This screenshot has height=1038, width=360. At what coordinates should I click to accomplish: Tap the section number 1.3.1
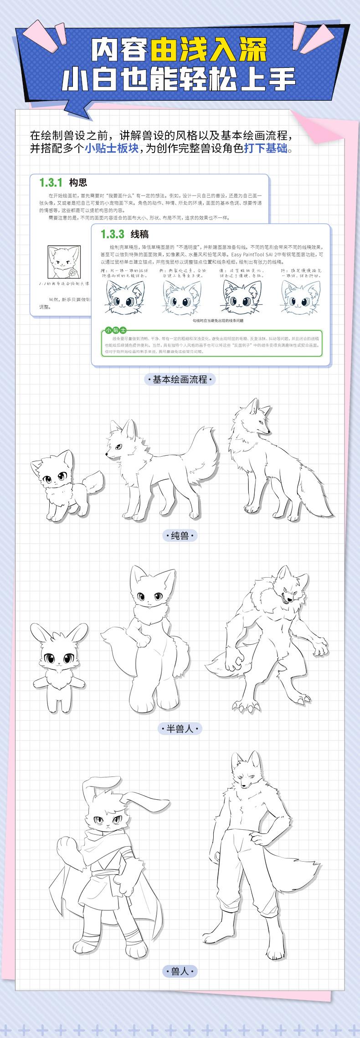tap(50, 183)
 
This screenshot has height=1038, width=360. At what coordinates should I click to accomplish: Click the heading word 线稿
tap(139, 234)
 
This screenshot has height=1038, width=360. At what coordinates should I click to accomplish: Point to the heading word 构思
tap(77, 183)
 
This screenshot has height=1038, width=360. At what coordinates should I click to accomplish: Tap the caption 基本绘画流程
tap(180, 379)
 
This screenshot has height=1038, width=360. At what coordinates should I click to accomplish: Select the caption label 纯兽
tap(180, 535)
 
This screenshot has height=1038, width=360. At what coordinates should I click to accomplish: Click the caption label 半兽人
tap(180, 729)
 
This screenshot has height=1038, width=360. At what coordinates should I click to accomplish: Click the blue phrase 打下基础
tap(266, 149)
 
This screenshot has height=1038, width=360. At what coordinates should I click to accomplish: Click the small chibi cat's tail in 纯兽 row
tap(94, 483)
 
